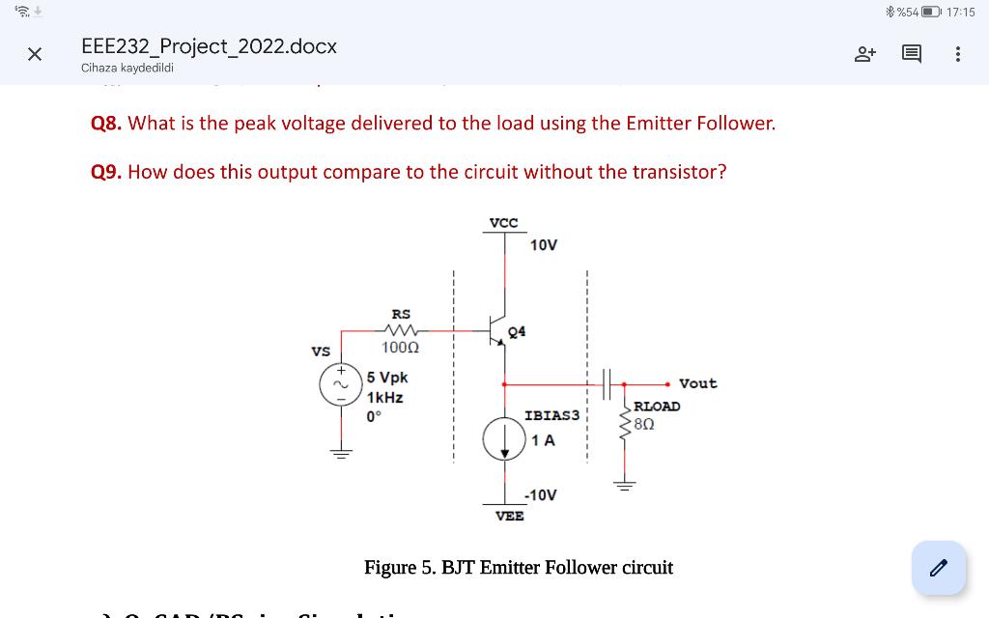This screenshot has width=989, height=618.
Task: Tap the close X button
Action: click(35, 54)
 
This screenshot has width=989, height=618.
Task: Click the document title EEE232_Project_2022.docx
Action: click(209, 46)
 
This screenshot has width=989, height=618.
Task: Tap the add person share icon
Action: click(864, 54)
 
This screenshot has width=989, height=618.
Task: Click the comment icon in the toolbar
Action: click(911, 54)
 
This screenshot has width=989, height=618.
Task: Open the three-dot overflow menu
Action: click(957, 54)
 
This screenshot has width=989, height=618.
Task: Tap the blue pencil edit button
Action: click(938, 568)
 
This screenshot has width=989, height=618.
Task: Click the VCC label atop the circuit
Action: click(503, 223)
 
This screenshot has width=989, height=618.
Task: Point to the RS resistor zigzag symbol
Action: click(400, 330)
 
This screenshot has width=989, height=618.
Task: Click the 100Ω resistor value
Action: click(399, 348)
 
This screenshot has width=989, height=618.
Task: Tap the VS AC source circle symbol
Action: click(340, 383)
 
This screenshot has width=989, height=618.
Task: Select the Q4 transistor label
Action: click(517, 331)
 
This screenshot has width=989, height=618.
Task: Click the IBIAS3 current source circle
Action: click(503, 440)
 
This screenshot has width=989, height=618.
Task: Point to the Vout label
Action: click(698, 383)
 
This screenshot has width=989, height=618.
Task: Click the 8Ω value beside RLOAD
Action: click(644, 423)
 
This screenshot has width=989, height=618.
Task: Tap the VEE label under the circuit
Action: click(509, 517)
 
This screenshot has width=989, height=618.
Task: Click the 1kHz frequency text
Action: click(385, 397)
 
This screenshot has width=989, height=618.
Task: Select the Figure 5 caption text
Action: click(518, 568)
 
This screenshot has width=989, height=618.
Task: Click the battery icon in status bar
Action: click(931, 12)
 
